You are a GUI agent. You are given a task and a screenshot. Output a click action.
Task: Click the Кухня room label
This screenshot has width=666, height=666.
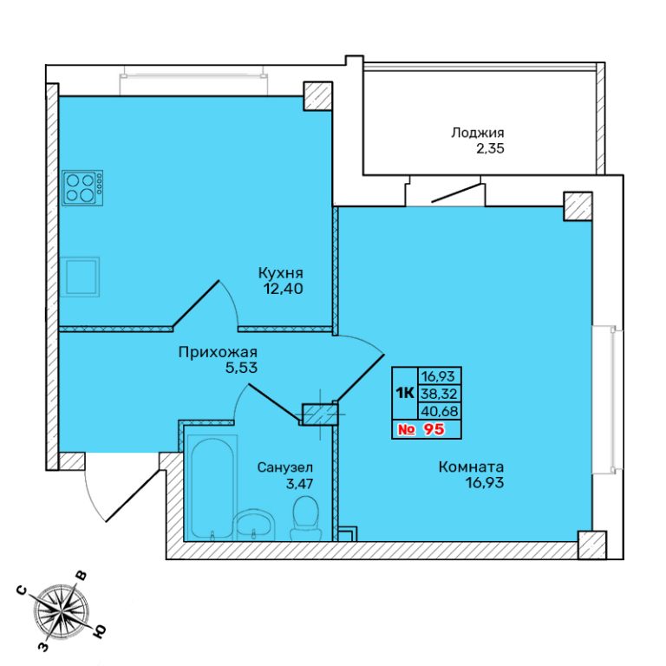pyautogui.click(x=281, y=272)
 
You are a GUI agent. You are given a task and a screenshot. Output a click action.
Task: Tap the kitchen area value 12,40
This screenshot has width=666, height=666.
pyautogui.click(x=284, y=289)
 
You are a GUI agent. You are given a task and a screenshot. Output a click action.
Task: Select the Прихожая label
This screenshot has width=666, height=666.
pyautogui.click(x=218, y=352)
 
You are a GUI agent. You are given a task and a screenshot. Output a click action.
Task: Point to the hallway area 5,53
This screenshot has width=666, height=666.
pyautogui.click(x=241, y=368)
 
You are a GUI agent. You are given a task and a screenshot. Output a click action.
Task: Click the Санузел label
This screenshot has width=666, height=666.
pyautogui.click(x=285, y=467)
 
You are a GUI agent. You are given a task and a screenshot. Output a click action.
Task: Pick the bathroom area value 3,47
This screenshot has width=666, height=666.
pyautogui.click(x=299, y=483)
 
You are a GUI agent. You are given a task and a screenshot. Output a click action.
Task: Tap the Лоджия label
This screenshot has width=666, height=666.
pyautogui.click(x=478, y=133)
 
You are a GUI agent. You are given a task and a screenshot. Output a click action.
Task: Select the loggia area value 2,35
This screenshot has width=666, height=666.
pyautogui.click(x=490, y=148)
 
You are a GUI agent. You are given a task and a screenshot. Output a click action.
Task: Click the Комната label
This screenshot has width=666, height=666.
pyautogui.click(x=471, y=467)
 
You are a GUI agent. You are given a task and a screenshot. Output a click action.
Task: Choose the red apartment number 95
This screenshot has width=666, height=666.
pyautogui.click(x=434, y=429)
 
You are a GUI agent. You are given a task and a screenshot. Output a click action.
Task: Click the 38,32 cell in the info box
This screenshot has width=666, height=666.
pyautogui.click(x=439, y=394)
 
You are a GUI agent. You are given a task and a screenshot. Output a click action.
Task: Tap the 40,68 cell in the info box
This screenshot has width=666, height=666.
pyautogui.click(x=439, y=411)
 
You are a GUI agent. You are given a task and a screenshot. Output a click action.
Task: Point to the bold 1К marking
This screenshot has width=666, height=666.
pyautogui.click(x=405, y=394)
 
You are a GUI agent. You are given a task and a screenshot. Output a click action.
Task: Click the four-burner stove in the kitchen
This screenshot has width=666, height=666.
pyautogui.click(x=82, y=188)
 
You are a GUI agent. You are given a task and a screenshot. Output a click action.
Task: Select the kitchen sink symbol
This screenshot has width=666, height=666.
pyautogui.click(x=80, y=277)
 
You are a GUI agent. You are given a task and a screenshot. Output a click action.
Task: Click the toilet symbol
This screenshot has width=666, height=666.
pyautogui.click(x=305, y=519)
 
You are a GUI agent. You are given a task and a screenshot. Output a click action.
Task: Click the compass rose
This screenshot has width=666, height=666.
pyautogui.click(x=62, y=611)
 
